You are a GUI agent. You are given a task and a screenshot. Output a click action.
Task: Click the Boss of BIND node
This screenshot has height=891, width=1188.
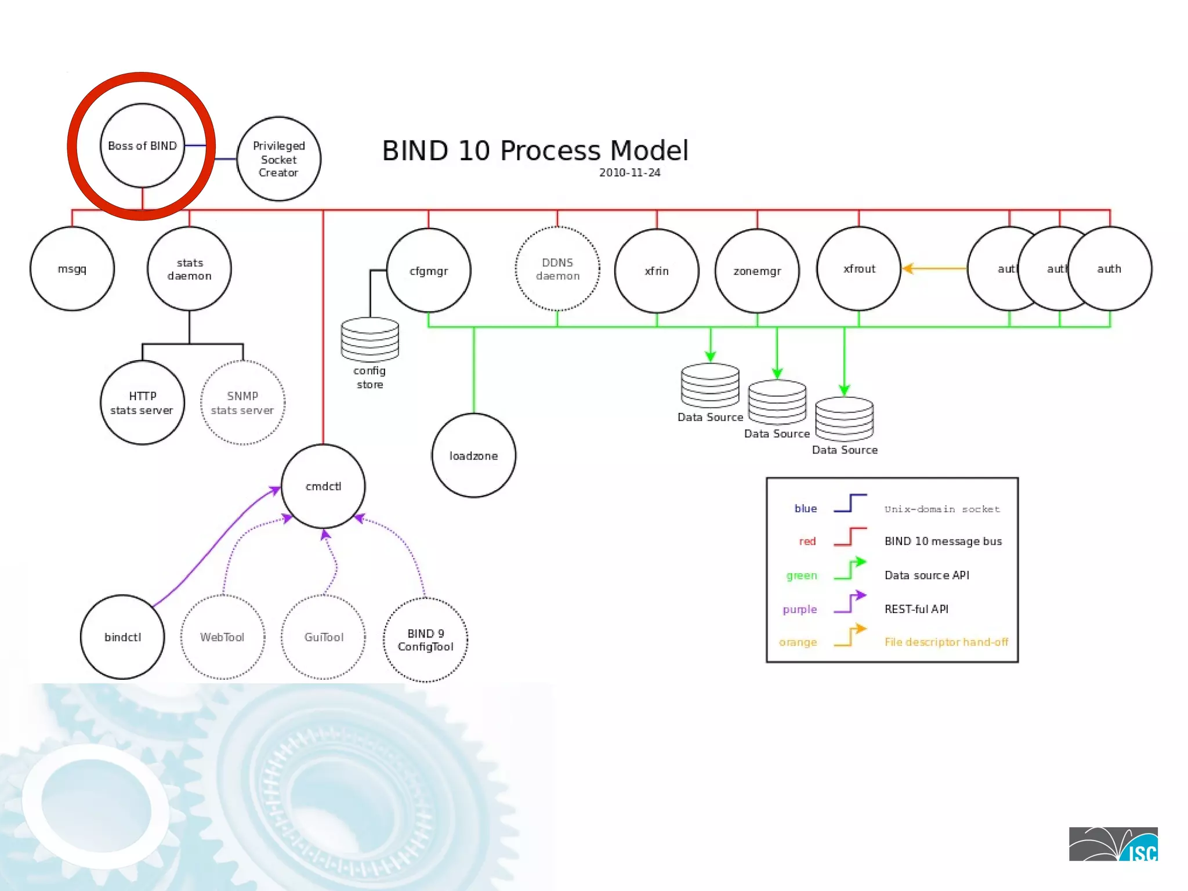[x=142, y=146]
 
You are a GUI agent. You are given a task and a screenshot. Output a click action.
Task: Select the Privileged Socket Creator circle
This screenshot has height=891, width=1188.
[x=278, y=159]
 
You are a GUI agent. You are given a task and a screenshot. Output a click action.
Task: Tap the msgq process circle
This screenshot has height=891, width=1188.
[x=72, y=269]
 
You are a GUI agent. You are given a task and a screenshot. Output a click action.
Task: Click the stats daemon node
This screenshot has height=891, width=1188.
[x=189, y=269]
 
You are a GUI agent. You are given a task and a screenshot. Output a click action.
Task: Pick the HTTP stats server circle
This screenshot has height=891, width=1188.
[x=142, y=403]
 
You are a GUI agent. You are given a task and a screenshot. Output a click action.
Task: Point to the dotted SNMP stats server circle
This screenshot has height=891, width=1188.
[x=242, y=403]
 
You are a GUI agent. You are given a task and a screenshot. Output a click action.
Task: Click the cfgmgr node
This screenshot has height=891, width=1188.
[x=429, y=271]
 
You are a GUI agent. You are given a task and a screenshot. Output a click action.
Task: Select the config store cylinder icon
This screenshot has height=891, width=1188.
[x=370, y=339]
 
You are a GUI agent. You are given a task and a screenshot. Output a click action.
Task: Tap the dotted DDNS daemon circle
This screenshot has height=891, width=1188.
[x=557, y=269]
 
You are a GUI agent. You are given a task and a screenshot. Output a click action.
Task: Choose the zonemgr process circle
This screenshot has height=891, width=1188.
[x=757, y=271]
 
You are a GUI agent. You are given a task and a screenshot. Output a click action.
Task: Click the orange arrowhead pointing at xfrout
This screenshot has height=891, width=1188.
[x=908, y=269]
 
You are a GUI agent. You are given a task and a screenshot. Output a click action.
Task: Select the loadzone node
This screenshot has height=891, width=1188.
[x=473, y=456]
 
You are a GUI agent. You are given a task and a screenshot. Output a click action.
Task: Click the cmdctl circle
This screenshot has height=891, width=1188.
[x=323, y=486]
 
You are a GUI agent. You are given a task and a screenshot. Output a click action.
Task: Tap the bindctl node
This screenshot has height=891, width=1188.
[x=122, y=637]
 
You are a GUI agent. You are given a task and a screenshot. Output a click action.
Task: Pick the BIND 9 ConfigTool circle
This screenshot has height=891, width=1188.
[x=425, y=640]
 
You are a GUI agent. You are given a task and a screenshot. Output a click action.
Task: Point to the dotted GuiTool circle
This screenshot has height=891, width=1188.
[x=324, y=637]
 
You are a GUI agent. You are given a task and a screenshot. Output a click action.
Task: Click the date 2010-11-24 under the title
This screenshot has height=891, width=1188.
[x=629, y=173]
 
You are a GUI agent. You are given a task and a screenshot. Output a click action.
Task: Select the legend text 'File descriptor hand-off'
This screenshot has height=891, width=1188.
[x=946, y=642]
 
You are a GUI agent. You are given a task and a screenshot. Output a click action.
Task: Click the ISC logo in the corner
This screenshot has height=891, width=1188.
[x=1113, y=844]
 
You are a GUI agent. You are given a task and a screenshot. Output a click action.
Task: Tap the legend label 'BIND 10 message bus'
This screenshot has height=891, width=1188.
[x=943, y=541]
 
